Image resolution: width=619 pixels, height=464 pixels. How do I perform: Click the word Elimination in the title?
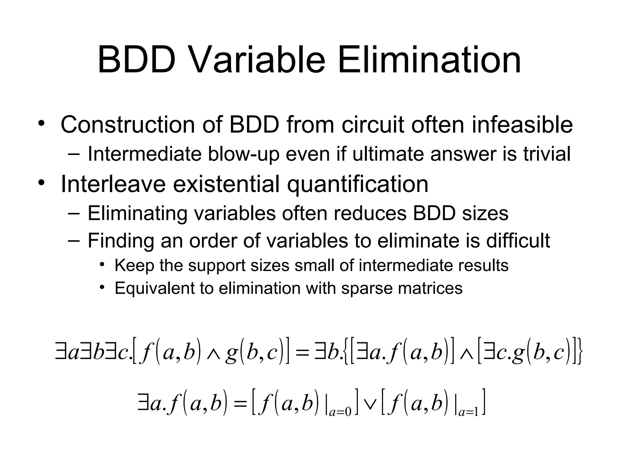click(429, 60)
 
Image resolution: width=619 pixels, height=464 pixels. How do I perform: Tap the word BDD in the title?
click(137, 60)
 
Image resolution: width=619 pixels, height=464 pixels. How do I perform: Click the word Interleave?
click(113, 184)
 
